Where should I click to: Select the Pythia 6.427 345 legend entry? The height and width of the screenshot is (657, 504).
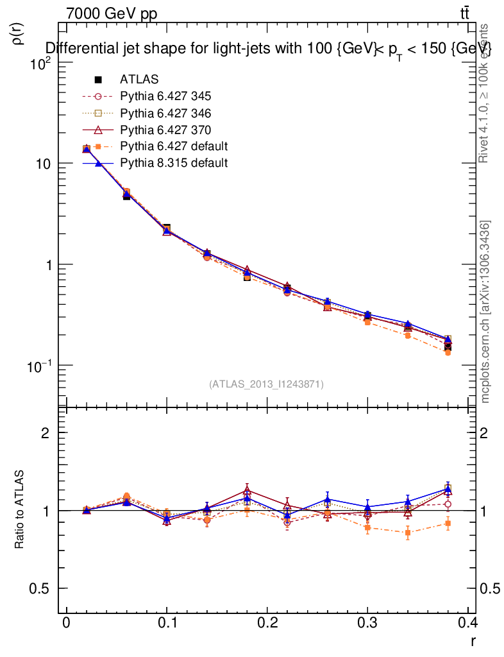165,96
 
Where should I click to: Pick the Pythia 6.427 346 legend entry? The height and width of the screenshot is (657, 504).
165,113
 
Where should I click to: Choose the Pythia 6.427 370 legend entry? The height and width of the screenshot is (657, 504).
165,130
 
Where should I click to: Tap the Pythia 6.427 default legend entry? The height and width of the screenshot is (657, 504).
174,146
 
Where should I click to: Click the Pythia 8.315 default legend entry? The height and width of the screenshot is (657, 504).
174,163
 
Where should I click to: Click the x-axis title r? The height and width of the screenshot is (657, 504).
473,640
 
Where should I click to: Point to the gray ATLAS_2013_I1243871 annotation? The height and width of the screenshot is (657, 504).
266,384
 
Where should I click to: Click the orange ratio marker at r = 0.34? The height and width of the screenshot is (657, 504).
408,533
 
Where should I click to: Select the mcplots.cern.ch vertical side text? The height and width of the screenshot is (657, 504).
486,312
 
